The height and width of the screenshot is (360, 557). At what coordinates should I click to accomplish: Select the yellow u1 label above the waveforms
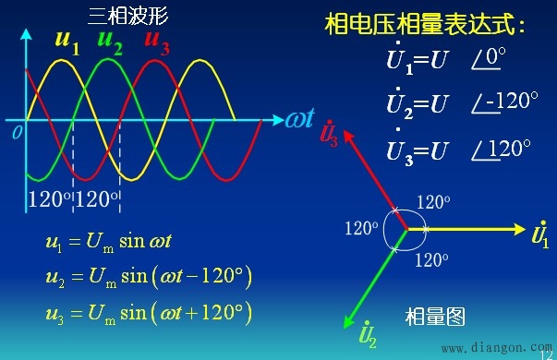coord(67,41)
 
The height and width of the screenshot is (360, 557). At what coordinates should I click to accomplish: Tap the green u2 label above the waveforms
coord(110,41)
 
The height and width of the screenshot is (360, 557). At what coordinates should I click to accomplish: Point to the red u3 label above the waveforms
coord(157,41)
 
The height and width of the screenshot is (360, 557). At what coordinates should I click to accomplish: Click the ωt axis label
coord(300,119)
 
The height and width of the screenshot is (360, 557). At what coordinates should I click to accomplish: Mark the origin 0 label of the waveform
coord(16,133)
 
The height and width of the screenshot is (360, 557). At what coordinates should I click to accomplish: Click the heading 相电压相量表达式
coord(424,23)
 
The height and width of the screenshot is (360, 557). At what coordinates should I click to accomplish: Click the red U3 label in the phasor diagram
coord(328,135)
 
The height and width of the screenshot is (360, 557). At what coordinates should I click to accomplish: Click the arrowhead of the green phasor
coord(349,323)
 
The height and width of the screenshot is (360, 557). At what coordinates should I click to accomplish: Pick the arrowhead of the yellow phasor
coord(518,228)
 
